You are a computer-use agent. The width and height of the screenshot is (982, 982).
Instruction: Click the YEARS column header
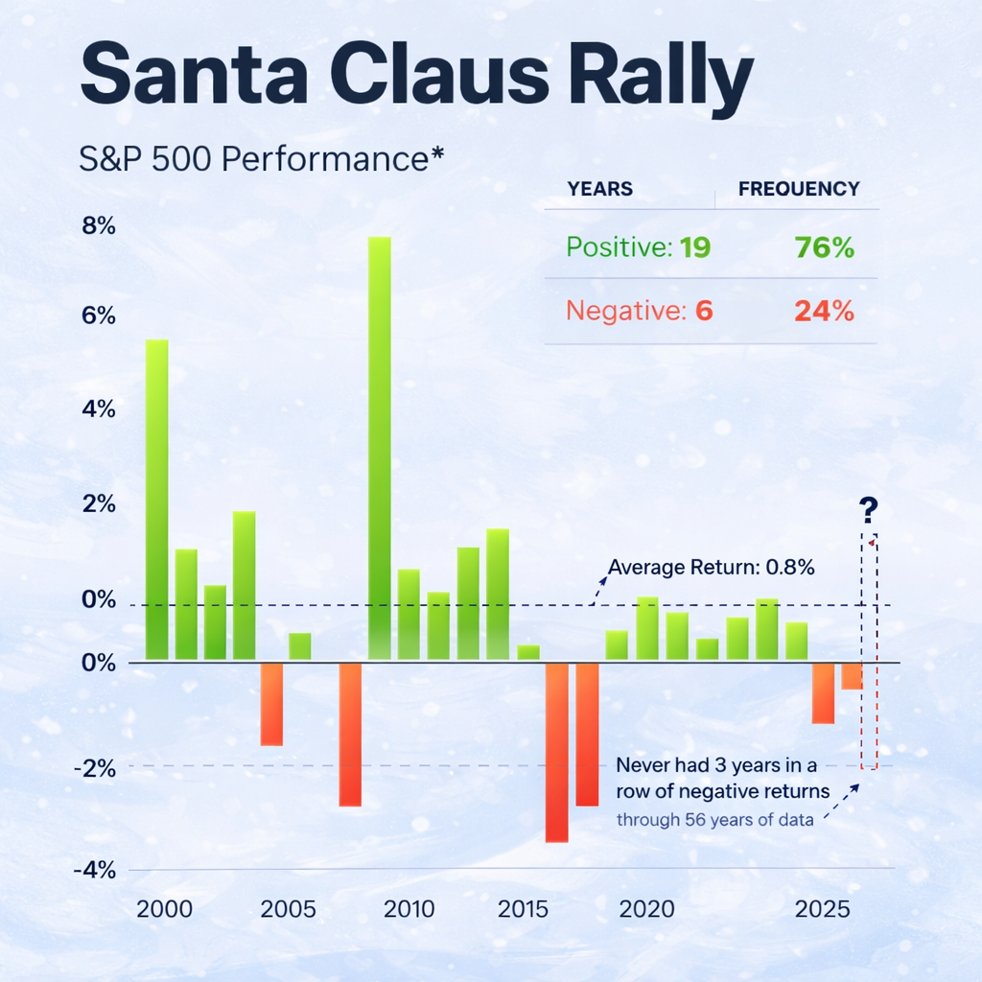599,189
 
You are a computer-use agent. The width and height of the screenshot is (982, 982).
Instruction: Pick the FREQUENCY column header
799,189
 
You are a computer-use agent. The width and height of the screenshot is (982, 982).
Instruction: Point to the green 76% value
824,248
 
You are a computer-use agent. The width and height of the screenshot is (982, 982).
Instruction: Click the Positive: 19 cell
638,248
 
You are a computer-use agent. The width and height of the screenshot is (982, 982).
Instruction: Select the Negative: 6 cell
639,311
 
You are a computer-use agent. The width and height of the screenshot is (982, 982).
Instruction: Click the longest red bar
556,752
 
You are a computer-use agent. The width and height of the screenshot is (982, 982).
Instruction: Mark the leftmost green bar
156,499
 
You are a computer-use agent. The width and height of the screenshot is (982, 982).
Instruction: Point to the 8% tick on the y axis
98,227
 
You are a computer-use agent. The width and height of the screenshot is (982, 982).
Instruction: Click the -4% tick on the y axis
96,870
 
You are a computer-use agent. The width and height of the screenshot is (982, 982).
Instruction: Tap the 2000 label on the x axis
164,909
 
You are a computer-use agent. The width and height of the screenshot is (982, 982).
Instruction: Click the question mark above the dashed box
870,509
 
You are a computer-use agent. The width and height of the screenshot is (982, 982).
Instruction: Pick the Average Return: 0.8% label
711,567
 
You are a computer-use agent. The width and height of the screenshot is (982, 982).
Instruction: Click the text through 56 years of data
714,820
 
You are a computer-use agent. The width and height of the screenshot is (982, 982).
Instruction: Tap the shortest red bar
852,676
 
